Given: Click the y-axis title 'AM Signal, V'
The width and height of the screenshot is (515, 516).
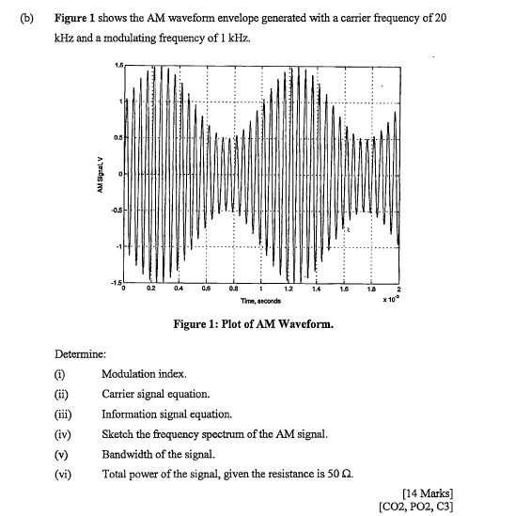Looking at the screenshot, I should click(x=98, y=176).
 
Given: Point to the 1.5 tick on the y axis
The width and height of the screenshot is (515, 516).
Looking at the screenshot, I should click(x=117, y=64).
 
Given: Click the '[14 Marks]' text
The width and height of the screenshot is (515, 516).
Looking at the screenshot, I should click(x=427, y=492).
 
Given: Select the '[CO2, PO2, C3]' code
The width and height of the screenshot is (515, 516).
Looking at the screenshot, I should click(x=414, y=506).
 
